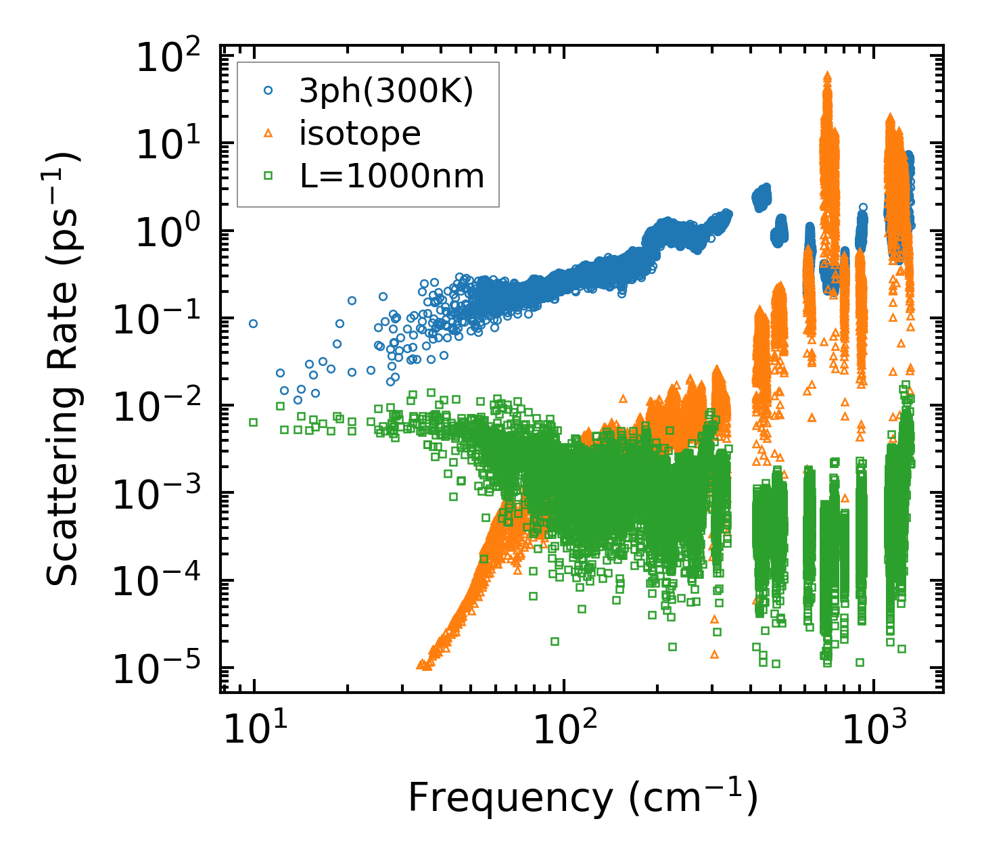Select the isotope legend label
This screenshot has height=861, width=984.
pos(360,134)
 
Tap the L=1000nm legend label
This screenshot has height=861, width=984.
pos(392,176)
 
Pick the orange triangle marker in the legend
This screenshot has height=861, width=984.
pos(268,135)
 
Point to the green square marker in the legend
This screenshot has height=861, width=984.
pos(268,176)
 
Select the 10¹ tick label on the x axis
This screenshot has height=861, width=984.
pos(254,729)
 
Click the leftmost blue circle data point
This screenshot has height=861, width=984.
pos(254,323)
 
